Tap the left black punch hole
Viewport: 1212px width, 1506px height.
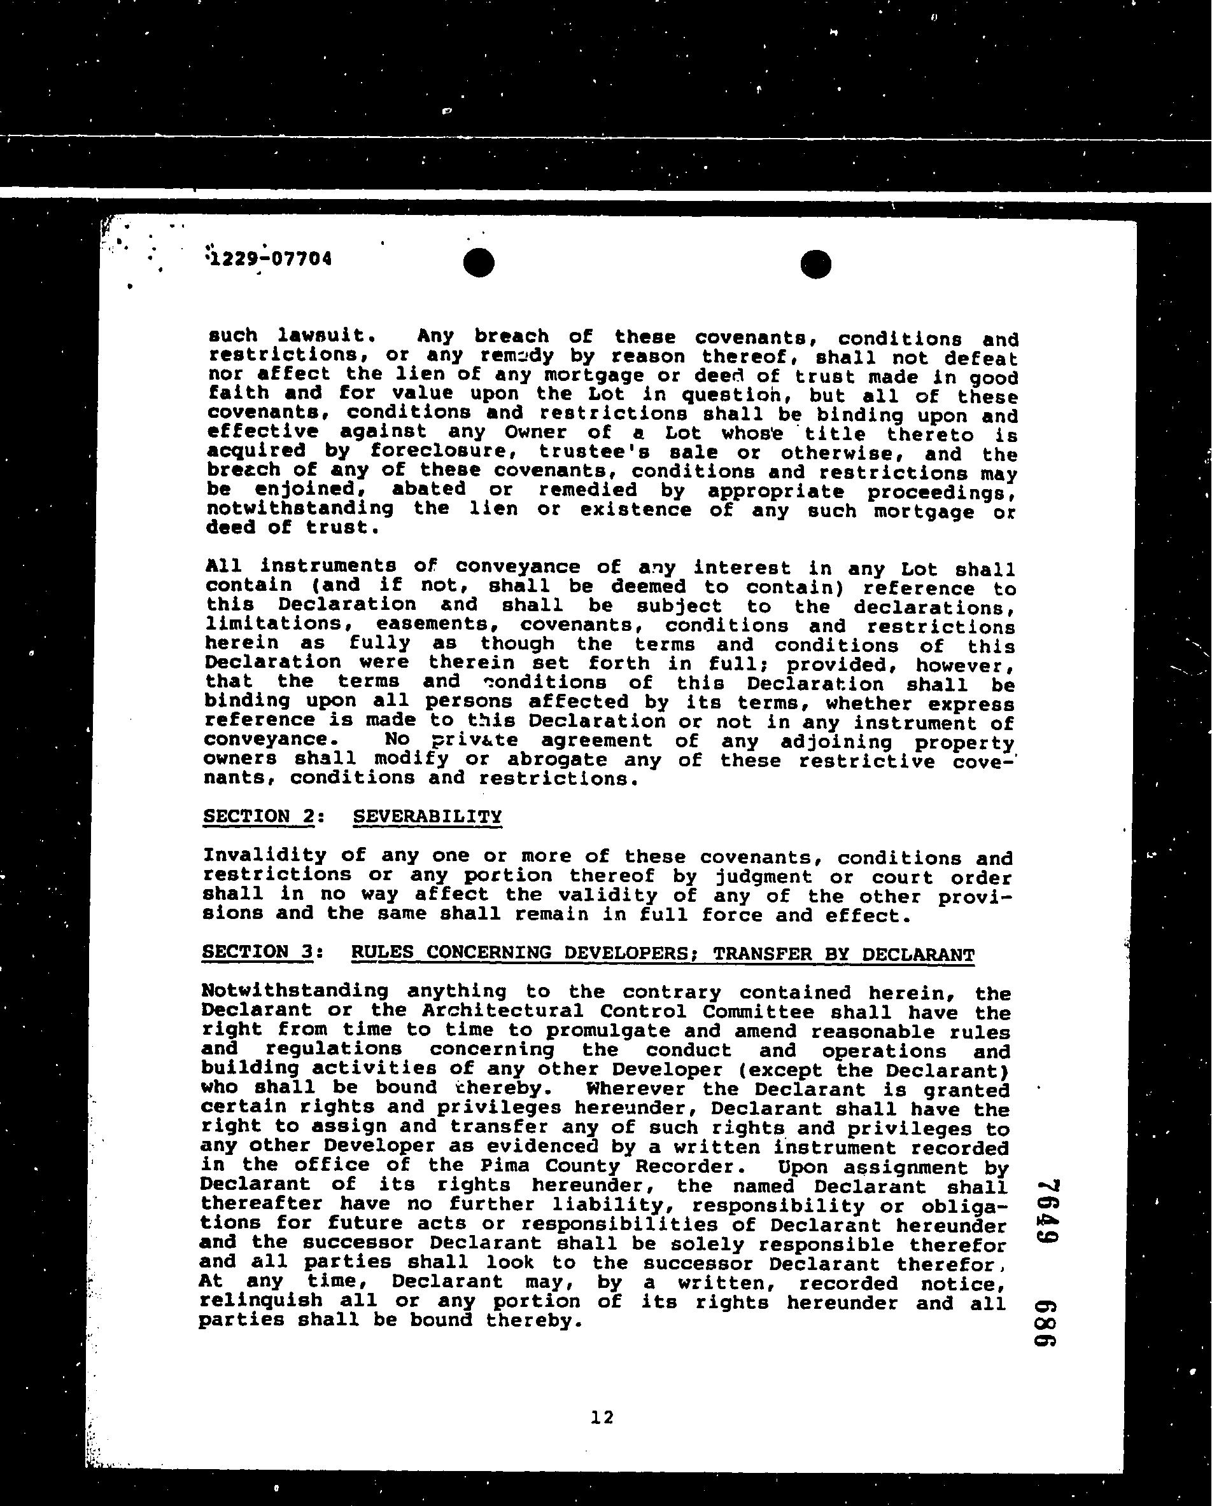(x=479, y=263)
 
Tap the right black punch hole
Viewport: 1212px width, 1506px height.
(x=815, y=265)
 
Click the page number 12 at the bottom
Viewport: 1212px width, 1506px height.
(x=602, y=1418)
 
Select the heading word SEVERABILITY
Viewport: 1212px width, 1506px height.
(x=427, y=817)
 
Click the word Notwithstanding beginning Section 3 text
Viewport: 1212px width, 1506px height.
(x=293, y=990)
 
